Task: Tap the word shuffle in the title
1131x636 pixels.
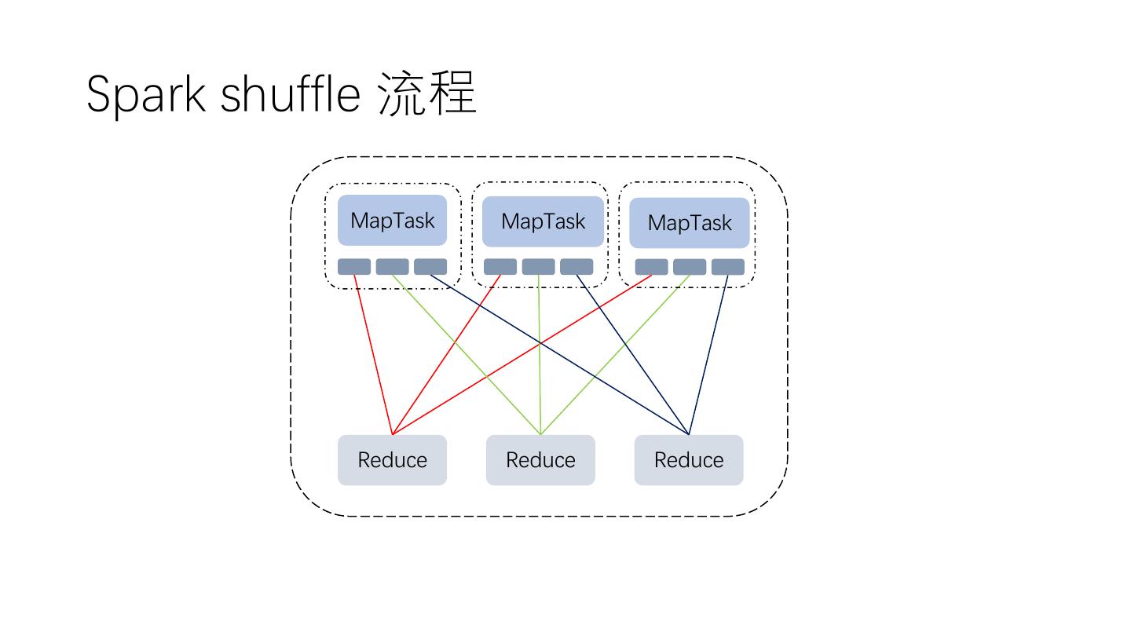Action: (290, 94)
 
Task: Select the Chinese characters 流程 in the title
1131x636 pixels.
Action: (427, 94)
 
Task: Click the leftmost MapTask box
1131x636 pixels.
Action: (392, 221)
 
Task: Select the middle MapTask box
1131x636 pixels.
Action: (543, 221)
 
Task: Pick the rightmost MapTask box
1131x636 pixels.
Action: (690, 223)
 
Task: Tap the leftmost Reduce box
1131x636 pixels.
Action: (392, 460)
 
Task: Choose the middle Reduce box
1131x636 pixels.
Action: (540, 460)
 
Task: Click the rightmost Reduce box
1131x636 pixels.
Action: (689, 460)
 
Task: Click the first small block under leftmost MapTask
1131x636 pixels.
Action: (354, 267)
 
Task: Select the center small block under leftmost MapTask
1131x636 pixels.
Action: (392, 267)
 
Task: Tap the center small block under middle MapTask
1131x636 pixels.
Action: (538, 267)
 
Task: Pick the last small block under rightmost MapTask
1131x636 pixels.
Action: (727, 267)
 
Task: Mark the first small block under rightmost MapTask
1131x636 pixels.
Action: (651, 267)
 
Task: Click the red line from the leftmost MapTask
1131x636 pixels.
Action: (373, 353)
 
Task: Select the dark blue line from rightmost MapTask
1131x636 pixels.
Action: (708, 353)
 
